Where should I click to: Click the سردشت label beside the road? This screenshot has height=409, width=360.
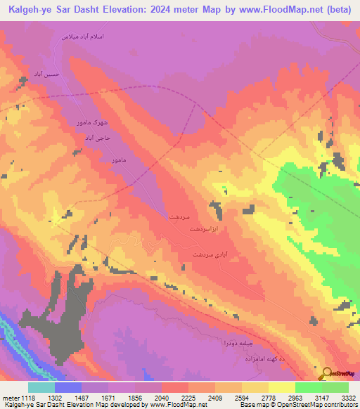(x=179, y=218)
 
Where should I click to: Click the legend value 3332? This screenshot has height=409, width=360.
(x=347, y=396)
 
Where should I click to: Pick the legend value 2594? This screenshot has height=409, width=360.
(x=241, y=396)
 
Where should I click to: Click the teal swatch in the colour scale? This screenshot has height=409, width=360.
(x=41, y=387)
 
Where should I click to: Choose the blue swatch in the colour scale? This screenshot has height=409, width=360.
(x=68, y=387)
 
